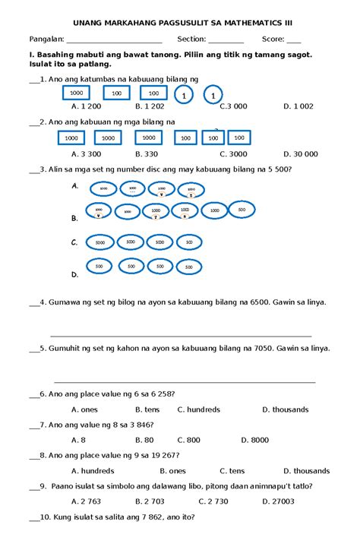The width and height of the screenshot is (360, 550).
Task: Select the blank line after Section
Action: [226, 40]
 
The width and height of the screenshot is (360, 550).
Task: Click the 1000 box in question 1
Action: [76, 93]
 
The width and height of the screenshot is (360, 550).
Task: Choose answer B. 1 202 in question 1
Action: [149, 107]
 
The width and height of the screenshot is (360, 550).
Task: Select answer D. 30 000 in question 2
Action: [301, 153]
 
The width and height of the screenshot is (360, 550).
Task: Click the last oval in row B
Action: [242, 210]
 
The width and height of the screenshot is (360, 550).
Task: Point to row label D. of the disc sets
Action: [74, 274]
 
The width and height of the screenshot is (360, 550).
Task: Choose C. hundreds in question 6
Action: [198, 409]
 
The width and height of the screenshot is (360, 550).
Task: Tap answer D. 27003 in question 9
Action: [278, 501]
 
